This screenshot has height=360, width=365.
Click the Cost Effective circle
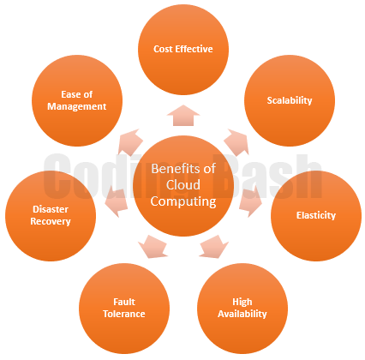coord(183,50)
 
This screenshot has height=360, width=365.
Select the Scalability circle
coord(290,101)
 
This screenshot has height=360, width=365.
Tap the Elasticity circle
coord(316,216)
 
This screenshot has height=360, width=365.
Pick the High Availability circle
coord(242,309)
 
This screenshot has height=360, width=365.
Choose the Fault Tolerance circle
coord(124,309)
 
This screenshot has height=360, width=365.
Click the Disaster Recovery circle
coord(51,216)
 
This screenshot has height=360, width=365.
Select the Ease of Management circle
coord(77,101)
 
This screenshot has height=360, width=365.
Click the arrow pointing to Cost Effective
coord(183,116)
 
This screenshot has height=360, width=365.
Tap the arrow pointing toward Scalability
coord(237,142)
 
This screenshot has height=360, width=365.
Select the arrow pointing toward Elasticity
coord(250,201)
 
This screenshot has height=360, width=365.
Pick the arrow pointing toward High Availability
coord(214,247)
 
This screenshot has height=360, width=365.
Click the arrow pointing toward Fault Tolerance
coord(153,247)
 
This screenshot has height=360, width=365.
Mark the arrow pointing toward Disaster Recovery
coord(117,201)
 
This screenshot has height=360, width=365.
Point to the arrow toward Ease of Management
coord(130,142)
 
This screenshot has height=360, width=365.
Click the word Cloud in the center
coord(183,185)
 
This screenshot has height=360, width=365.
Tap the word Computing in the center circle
coord(183,202)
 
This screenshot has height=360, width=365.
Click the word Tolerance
coord(124,314)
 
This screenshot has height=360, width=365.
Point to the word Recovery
coord(51,221)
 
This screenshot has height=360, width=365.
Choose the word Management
coord(77,106)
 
